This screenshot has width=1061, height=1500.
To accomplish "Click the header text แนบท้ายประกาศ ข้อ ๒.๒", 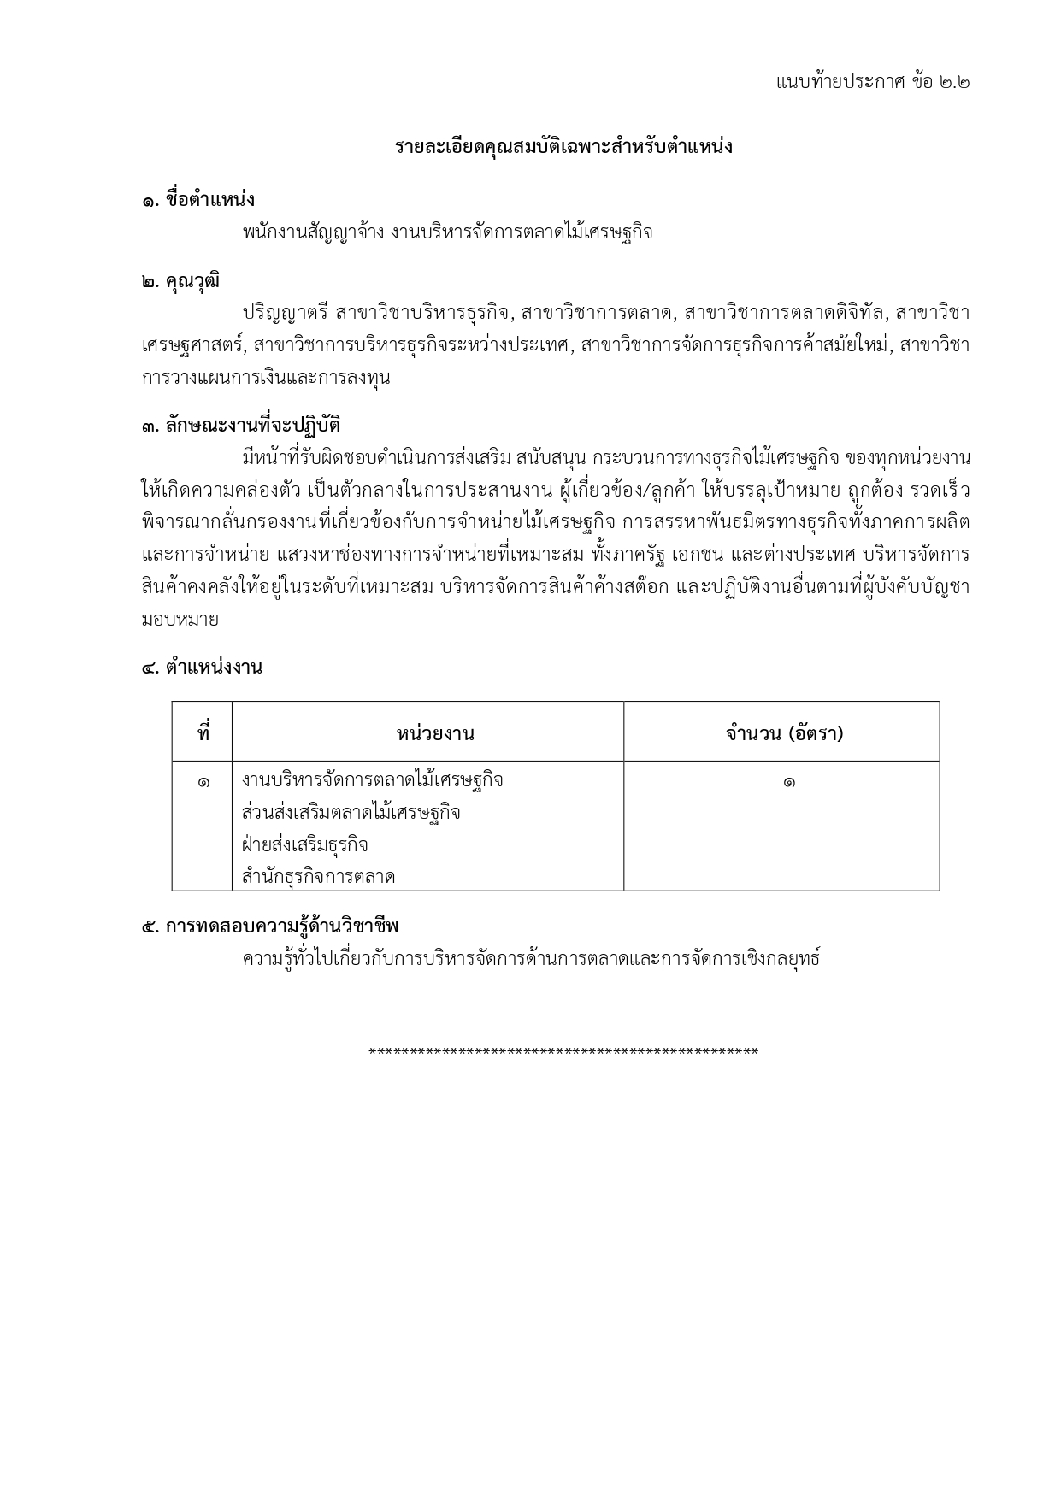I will pos(872,82).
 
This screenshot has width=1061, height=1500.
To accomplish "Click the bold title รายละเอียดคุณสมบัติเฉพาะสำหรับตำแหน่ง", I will pos(563,147).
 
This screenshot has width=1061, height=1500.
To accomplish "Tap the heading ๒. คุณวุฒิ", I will pos(180,280).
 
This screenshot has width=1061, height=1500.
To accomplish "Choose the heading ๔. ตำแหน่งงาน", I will pos(202,668).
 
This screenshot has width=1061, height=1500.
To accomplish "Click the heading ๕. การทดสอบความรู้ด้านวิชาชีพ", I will pos(270,926).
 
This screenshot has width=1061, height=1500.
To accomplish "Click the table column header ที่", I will pos(203,733).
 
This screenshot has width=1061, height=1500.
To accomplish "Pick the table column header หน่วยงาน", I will pos(435,733).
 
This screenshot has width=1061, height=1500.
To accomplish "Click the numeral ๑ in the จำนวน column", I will pos(788,781).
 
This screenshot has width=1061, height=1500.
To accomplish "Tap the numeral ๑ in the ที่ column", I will pos(203,781).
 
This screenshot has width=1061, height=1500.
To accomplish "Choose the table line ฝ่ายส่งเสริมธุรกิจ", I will pos(305,845).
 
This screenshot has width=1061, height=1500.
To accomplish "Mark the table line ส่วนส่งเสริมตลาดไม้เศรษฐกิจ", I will pos(351,813).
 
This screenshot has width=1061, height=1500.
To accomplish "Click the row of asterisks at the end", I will pos(563,1051).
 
